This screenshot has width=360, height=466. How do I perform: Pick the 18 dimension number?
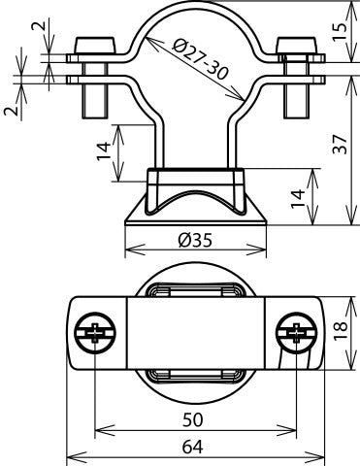pos(338,333)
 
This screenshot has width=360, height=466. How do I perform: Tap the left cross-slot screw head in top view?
pos(94,333)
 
